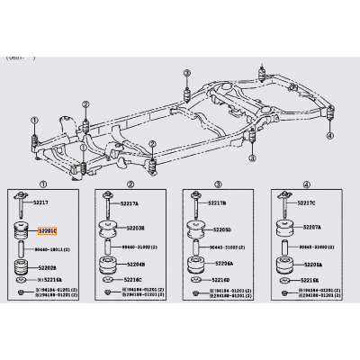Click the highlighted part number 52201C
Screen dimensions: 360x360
(x=48, y=231)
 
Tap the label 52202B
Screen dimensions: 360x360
(x=48, y=266)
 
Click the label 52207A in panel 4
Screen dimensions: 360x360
(x=310, y=229)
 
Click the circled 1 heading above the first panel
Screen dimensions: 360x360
(x=35, y=184)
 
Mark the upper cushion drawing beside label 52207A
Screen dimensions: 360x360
(x=283, y=231)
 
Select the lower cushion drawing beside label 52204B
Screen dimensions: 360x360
(x=108, y=265)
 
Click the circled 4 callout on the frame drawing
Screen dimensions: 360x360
(x=329, y=135)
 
